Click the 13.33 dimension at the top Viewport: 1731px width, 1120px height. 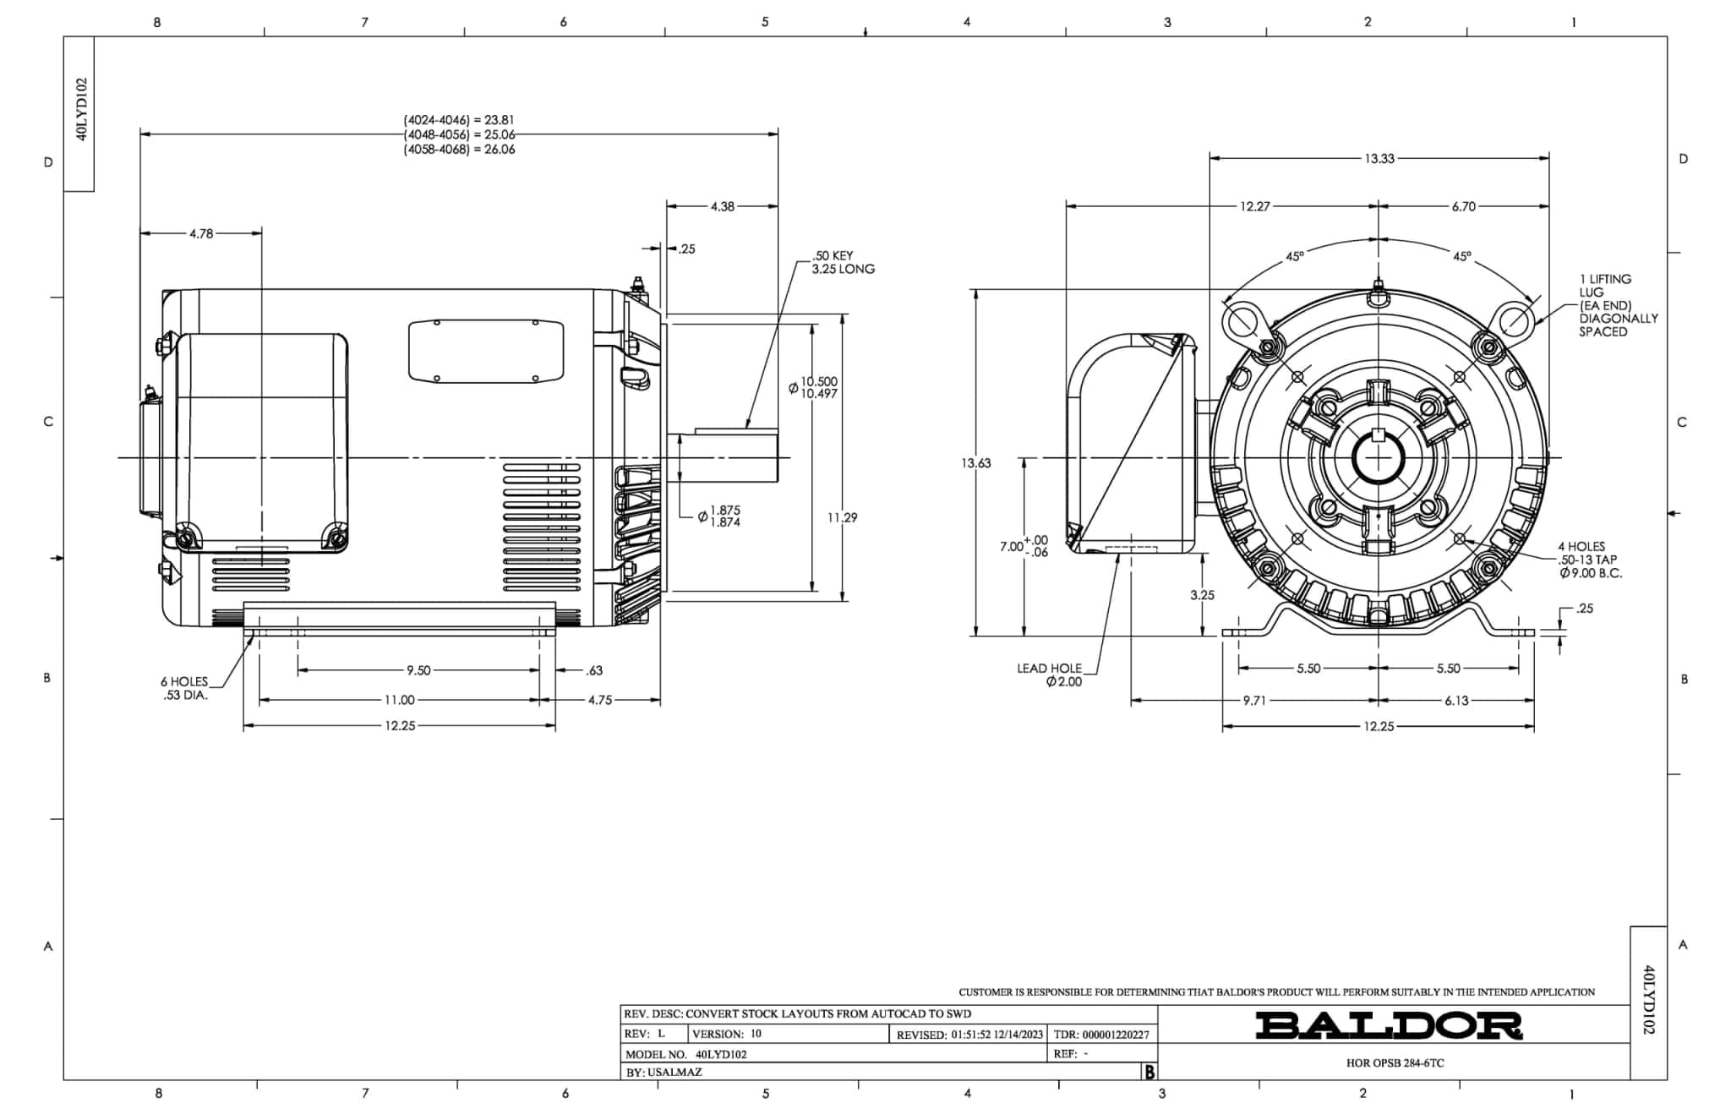(1379, 158)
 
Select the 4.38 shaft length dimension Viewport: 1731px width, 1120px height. (722, 206)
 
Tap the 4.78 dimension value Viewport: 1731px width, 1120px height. (200, 233)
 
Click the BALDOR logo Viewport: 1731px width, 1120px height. (1388, 1025)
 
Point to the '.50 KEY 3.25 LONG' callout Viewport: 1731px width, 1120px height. (842, 262)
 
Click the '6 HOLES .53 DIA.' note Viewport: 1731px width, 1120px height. (184, 688)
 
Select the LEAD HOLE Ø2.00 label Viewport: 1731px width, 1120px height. (1050, 675)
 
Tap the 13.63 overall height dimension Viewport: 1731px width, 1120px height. (975, 463)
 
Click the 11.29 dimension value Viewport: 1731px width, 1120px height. (842, 517)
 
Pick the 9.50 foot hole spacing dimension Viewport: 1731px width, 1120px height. (418, 670)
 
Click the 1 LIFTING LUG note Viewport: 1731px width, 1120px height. (1617, 305)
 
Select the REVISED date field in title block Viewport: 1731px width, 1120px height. (969, 1034)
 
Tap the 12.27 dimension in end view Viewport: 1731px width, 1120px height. (1254, 206)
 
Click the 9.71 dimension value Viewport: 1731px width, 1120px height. (1254, 701)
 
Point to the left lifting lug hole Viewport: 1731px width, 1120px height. (1242, 321)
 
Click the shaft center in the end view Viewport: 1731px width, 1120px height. (1379, 458)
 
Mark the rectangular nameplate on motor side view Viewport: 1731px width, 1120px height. (486, 351)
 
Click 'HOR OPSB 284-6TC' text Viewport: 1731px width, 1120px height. (1395, 1063)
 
